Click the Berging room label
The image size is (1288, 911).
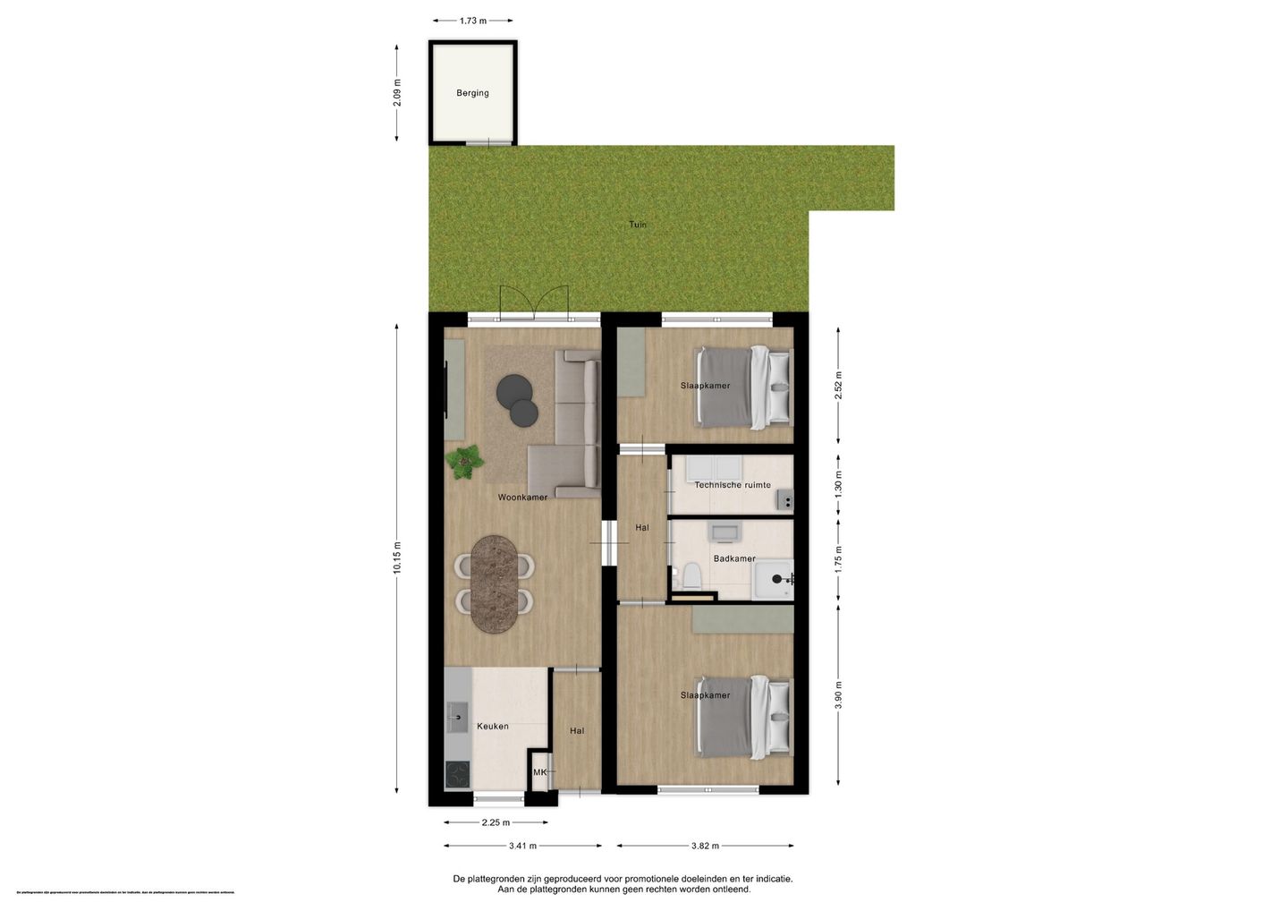click(472, 93)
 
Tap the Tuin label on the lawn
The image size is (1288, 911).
click(637, 225)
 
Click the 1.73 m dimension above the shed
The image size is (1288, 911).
click(473, 21)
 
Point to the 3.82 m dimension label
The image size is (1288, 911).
click(705, 846)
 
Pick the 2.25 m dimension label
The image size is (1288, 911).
click(496, 822)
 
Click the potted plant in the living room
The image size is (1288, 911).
click(464, 461)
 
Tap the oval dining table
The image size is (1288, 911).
click(495, 583)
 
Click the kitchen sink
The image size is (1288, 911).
click(457, 717)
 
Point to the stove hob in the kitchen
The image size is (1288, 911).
click(457, 774)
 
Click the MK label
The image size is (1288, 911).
click(539, 772)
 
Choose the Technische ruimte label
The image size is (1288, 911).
click(733, 485)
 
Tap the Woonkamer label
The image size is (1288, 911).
click(522, 498)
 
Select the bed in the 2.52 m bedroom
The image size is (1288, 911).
click(744, 387)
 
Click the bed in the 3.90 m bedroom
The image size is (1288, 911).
click(744, 716)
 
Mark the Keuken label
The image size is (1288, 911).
click(492, 727)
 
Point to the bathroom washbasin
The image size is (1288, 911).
click(723, 532)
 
